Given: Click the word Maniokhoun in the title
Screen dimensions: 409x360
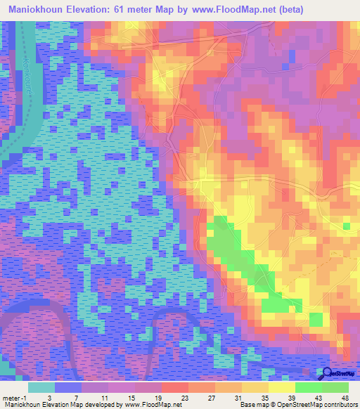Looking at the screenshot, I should point(41,11).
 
